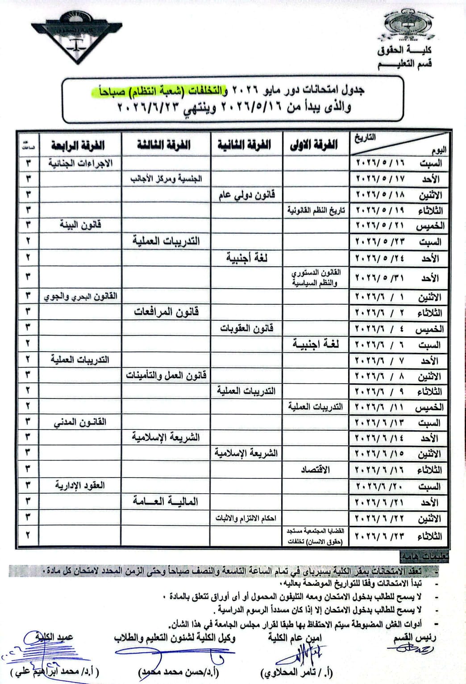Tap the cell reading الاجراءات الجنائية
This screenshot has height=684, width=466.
[80, 163]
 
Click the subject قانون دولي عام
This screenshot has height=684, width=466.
[246, 195]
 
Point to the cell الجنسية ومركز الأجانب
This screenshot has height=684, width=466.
[166, 179]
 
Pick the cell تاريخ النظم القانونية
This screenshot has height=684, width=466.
[316, 210]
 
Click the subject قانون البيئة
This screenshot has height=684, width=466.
[80, 225]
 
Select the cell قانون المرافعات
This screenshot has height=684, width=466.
[166, 312]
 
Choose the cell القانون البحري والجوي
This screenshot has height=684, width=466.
[80, 296]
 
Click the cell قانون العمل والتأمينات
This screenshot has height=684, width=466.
[166, 375]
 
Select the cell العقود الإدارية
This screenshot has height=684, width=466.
[80, 486]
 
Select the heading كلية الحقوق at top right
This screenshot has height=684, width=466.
[404, 50]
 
